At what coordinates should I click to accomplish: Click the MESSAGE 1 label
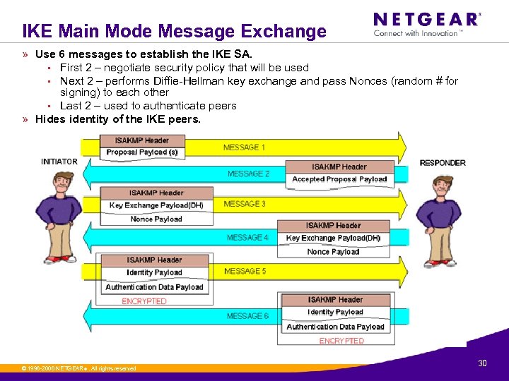coord(245,147)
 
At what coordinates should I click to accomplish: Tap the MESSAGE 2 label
coord(249,174)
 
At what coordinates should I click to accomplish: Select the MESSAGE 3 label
coord(245,204)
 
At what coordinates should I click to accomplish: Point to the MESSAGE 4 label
coord(247,238)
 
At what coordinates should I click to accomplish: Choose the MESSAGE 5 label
coord(245,271)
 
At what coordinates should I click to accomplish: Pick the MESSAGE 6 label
coord(247,316)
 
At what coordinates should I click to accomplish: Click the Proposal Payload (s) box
coord(141,152)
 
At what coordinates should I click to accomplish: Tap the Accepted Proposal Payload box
coord(339,179)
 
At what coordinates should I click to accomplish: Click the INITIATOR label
coord(59,162)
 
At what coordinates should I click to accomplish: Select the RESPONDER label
coord(443,163)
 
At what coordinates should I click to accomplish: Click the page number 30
coord(483,363)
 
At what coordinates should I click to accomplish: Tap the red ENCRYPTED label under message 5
coord(144,301)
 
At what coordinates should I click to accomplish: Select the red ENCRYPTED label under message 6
coord(341,341)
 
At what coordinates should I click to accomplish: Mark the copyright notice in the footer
coord(78,368)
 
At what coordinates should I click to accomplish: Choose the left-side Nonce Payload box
coord(156,219)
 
